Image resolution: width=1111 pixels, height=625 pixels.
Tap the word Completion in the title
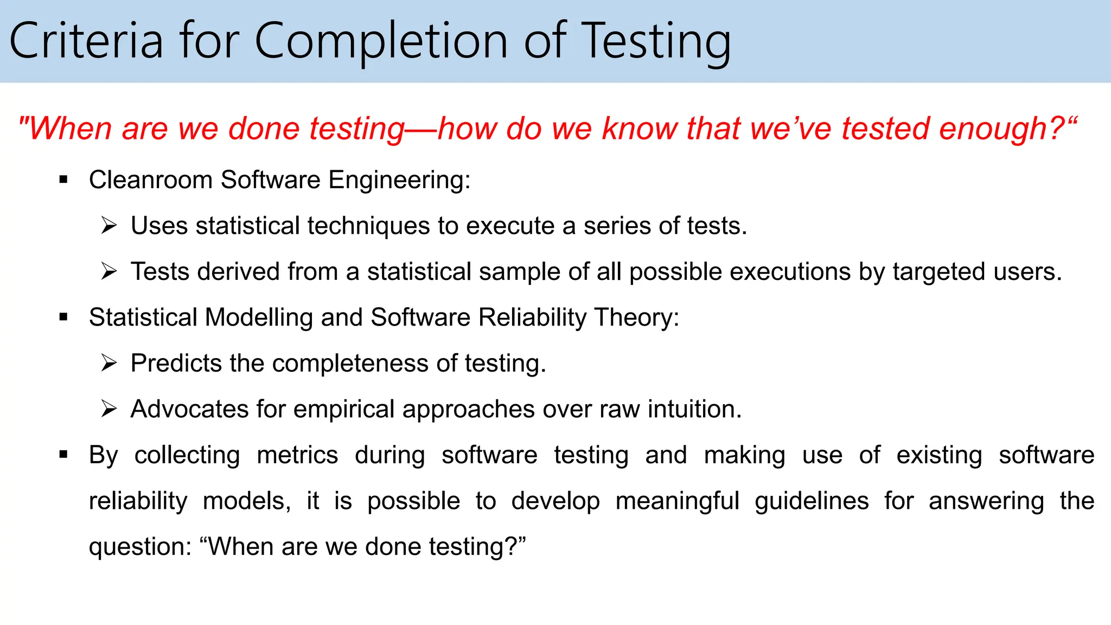(x=381, y=41)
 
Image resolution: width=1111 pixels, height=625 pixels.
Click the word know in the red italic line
(x=640, y=129)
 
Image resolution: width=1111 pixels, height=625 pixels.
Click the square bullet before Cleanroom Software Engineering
(x=63, y=180)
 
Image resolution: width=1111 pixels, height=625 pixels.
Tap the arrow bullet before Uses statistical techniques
(x=109, y=225)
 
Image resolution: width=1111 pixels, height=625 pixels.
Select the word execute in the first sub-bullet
(x=510, y=226)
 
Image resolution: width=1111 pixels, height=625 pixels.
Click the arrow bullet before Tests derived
(x=109, y=271)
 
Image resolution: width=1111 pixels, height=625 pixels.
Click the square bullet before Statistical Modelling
(x=63, y=317)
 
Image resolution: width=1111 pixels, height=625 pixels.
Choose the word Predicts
(x=176, y=363)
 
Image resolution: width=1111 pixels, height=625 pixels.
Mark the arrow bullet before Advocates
(x=109, y=409)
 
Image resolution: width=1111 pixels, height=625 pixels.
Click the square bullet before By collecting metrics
(x=63, y=455)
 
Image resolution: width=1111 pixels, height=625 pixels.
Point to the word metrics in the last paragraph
(x=297, y=455)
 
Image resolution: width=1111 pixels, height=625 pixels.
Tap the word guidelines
(x=812, y=501)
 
